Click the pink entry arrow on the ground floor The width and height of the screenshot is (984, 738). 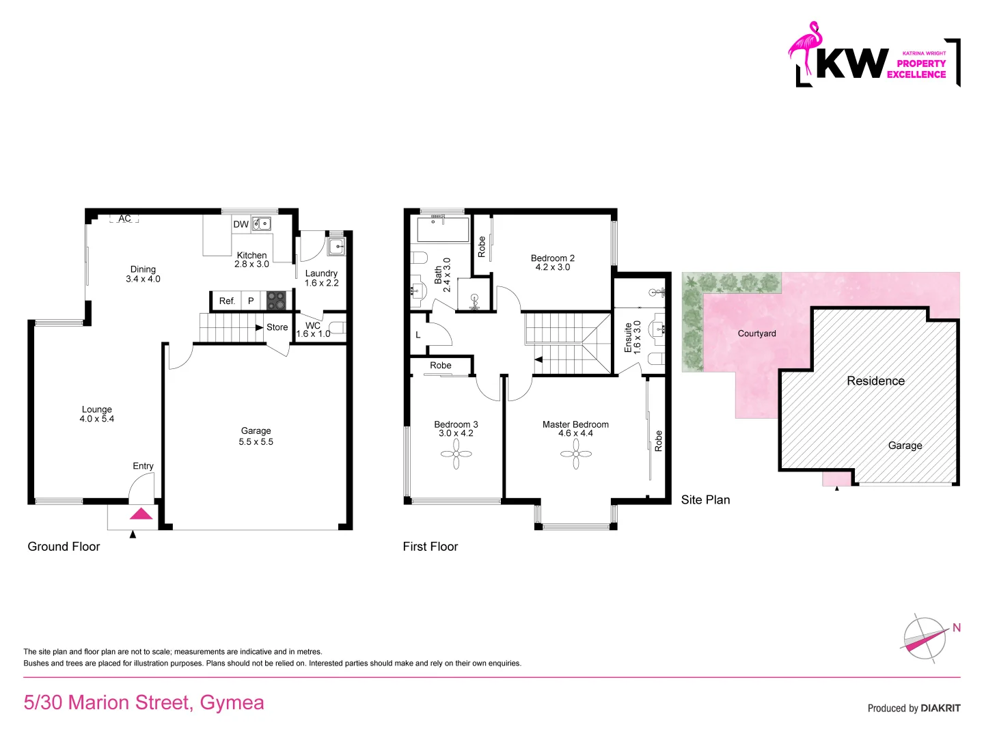[x=141, y=514]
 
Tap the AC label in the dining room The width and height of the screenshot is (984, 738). [x=124, y=219]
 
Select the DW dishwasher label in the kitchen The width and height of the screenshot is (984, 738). [x=241, y=224]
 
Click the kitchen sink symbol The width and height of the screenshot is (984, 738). [x=261, y=223]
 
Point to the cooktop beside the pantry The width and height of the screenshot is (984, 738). [x=276, y=301]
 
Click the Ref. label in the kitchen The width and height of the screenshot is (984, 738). [x=227, y=301]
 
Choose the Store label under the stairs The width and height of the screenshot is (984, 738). [x=277, y=327]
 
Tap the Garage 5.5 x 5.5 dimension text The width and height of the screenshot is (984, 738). [x=256, y=442]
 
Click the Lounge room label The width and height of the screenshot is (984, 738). [x=97, y=409]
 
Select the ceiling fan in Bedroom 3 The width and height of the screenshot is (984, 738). [x=456, y=453]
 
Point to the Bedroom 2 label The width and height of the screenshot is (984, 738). [x=552, y=258]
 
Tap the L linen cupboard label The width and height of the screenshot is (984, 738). [x=418, y=336]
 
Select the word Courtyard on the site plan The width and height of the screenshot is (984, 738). [x=756, y=333]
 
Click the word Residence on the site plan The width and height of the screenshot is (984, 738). [x=875, y=381]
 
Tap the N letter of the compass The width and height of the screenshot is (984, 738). [x=957, y=628]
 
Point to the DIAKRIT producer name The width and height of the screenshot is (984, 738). [x=940, y=709]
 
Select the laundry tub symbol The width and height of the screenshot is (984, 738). [x=336, y=246]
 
